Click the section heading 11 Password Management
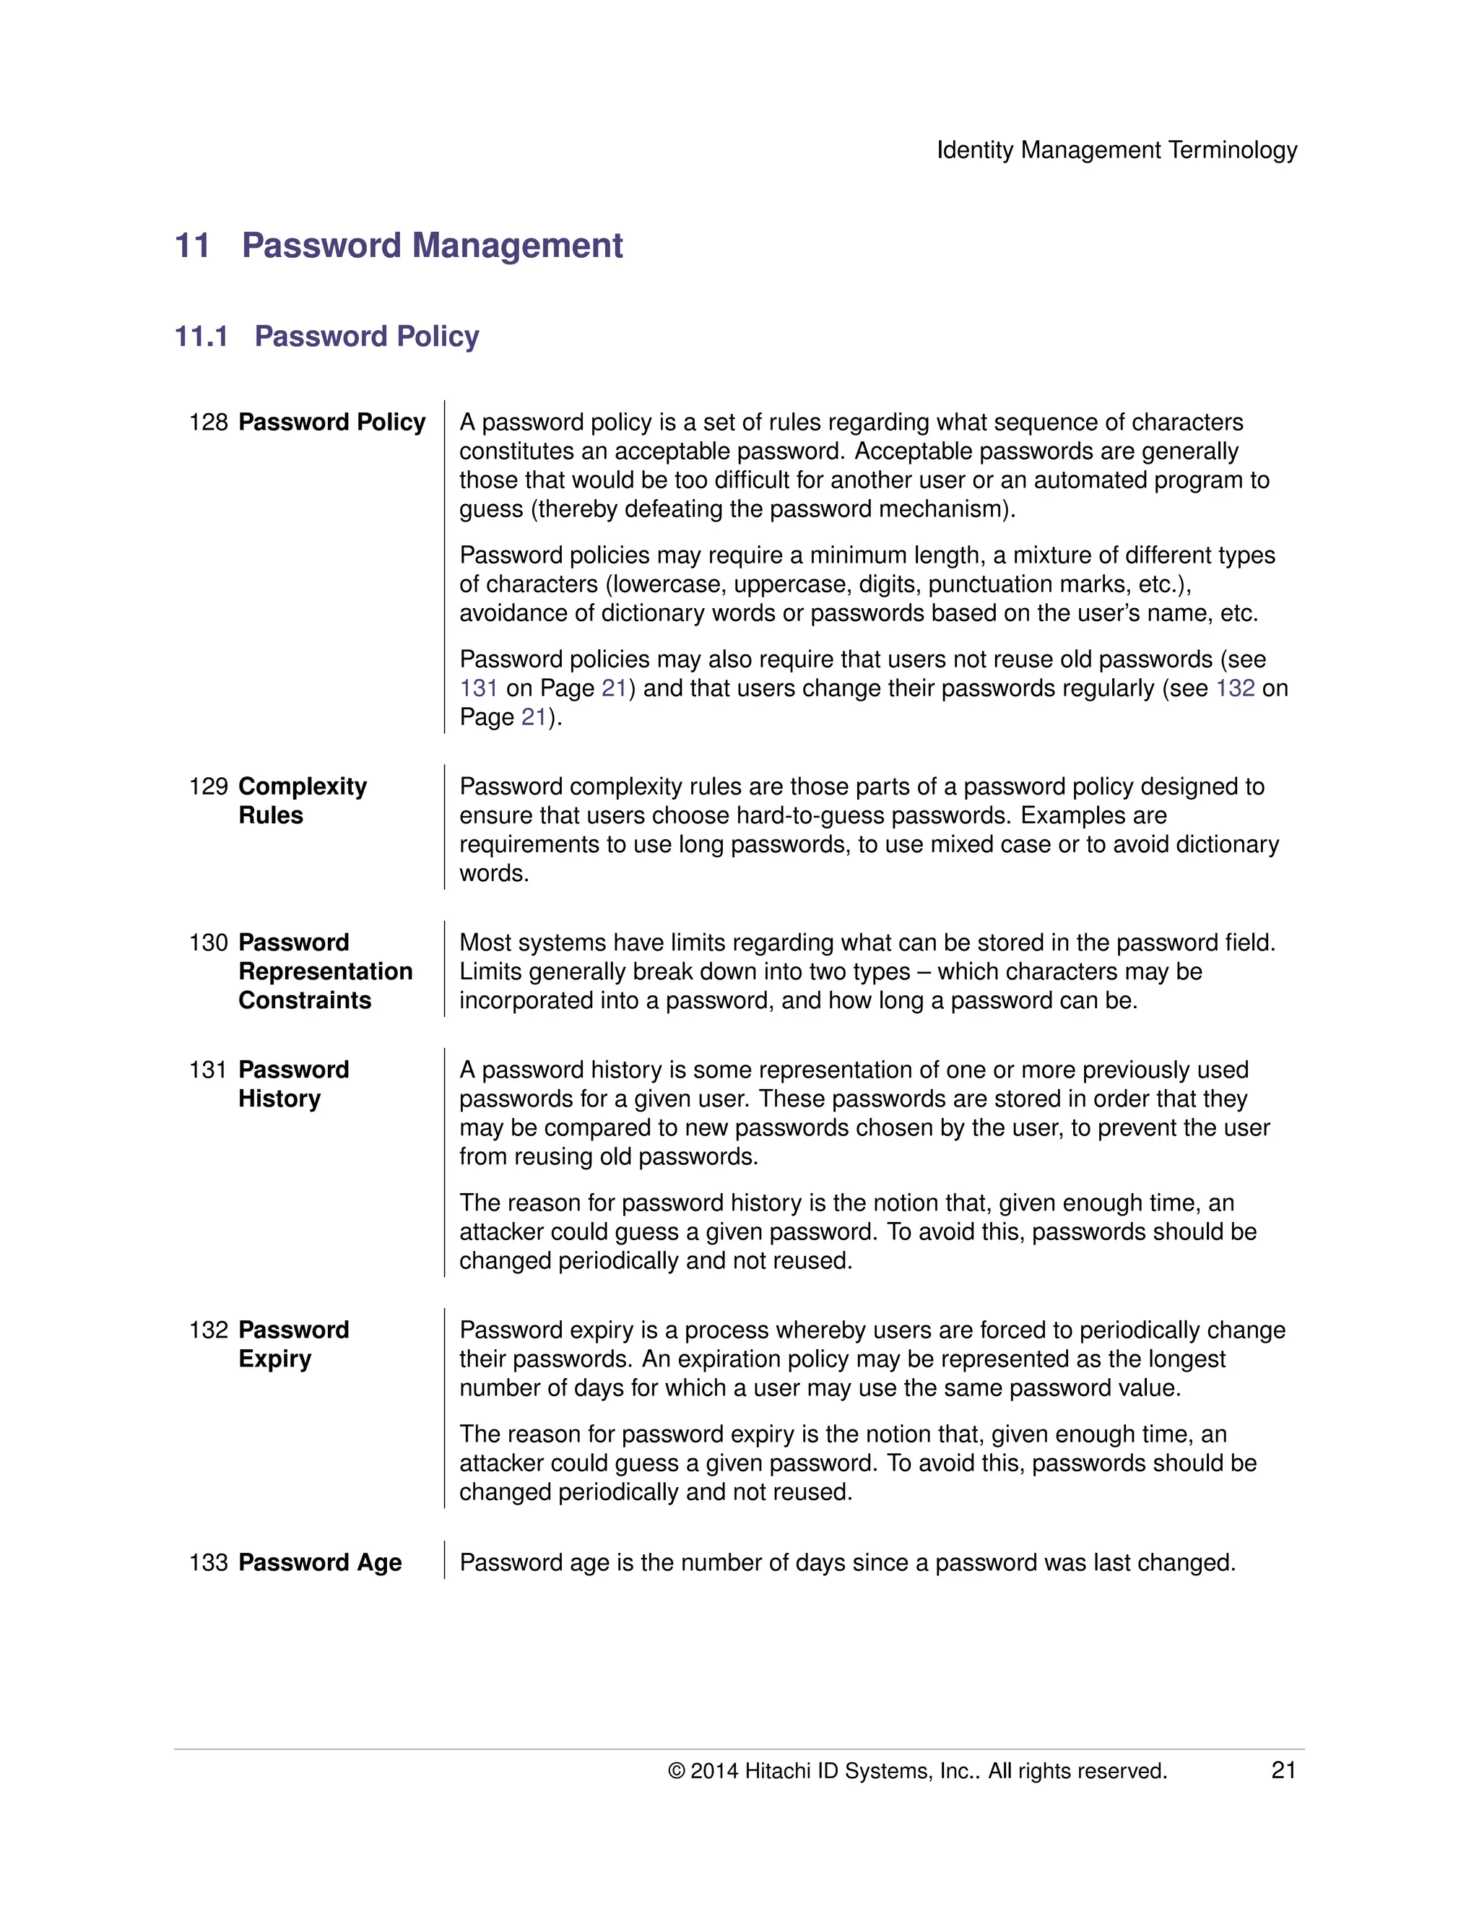click(399, 246)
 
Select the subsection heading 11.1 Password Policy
click(327, 337)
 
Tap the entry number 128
click(208, 423)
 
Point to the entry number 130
click(208, 943)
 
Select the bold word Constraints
click(304, 1001)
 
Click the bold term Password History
click(292, 1084)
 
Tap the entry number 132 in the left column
click(208, 1330)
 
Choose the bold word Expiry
click(274, 1360)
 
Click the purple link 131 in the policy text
click(478, 689)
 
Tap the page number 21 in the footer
click(1283, 1771)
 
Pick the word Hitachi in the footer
click(777, 1771)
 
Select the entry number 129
click(208, 787)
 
